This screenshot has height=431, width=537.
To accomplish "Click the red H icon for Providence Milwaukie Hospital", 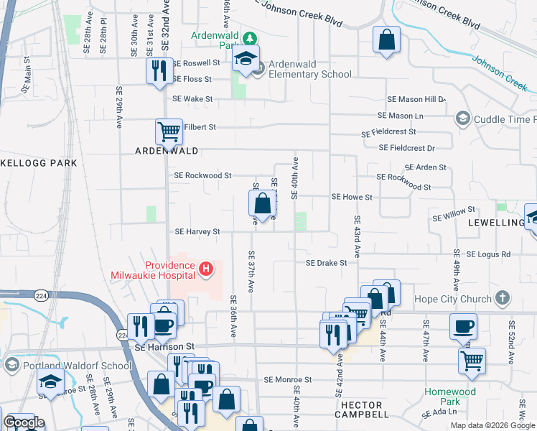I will point(206,269).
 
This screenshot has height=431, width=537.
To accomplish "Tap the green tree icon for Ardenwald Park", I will point(248,38).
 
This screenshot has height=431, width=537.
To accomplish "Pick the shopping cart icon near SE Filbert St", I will point(168,131).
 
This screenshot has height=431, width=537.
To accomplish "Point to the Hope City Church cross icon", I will point(503,297).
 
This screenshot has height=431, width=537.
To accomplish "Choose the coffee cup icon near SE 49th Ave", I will point(462,325).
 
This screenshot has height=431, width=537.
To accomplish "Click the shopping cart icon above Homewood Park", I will point(472,361).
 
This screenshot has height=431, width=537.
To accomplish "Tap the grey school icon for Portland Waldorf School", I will point(11,365).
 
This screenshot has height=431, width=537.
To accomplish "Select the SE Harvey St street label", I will point(197,232).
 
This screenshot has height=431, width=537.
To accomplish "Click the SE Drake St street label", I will point(327,263).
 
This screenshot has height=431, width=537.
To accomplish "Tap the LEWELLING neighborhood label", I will point(496,223).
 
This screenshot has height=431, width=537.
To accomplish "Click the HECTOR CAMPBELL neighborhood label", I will point(363,406).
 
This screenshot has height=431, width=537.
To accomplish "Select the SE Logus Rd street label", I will point(488,254).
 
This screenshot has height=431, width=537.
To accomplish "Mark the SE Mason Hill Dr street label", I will point(416,98).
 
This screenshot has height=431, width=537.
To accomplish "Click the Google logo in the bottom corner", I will point(23,422).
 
